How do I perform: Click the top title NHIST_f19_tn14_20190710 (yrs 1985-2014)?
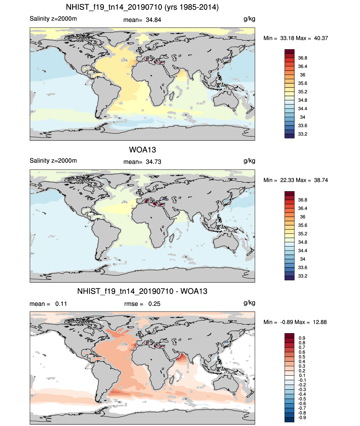(142, 7)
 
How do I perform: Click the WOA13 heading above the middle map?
(142, 150)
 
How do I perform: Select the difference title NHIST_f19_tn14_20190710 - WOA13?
(142, 291)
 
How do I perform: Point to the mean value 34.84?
(154, 20)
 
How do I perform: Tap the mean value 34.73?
(154, 162)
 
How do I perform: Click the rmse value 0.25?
(154, 304)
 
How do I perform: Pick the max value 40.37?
(321, 38)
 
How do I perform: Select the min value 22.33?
(287, 180)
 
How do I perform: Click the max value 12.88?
(320, 322)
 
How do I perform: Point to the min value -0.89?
(287, 322)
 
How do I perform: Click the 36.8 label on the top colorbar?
(303, 58)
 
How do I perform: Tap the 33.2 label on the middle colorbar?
(303, 276)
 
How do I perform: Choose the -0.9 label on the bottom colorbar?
(302, 418)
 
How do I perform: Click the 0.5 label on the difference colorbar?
(302, 357)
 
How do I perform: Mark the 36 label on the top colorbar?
(303, 75)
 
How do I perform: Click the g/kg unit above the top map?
(249, 19)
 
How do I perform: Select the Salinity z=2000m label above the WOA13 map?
(53, 161)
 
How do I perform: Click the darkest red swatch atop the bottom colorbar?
(289, 336)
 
